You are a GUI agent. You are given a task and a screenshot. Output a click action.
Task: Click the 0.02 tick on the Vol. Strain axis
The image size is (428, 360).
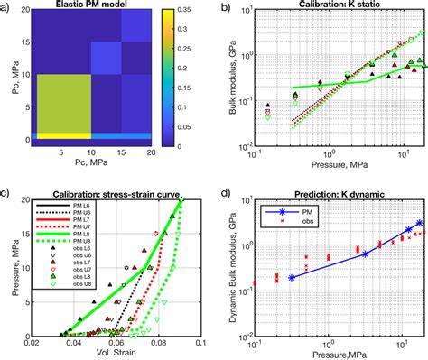click(x=33, y=342)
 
